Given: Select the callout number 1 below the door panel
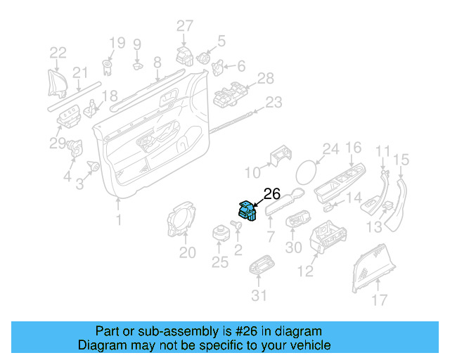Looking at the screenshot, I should (118, 219).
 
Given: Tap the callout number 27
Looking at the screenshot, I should (184, 26).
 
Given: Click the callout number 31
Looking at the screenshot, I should (259, 296).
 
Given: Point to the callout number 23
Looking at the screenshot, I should (273, 103).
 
